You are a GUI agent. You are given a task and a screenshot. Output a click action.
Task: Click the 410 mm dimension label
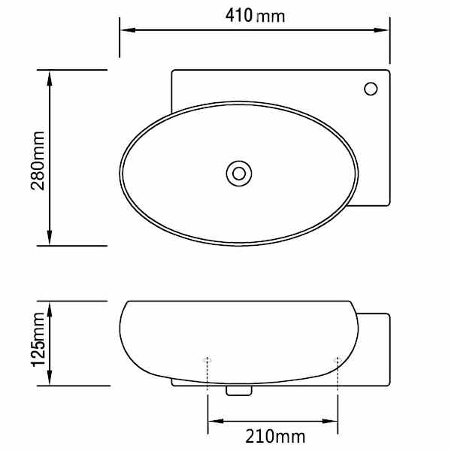coord(255,16)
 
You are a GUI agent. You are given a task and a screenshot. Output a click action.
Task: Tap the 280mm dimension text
coord(38,161)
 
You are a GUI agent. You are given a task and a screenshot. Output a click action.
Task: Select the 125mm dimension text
coord(38,340)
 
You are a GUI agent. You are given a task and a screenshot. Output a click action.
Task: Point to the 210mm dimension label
coord(275,436)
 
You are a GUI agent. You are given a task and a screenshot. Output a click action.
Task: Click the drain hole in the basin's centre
coord(239,174)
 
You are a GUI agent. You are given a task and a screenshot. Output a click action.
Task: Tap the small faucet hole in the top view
coord(371,89)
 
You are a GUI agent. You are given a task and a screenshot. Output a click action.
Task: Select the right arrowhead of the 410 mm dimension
coord(381,30)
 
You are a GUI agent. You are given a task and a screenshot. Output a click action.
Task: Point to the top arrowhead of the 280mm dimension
coord(50,79)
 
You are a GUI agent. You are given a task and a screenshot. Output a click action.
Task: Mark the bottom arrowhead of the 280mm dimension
coord(50,237)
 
